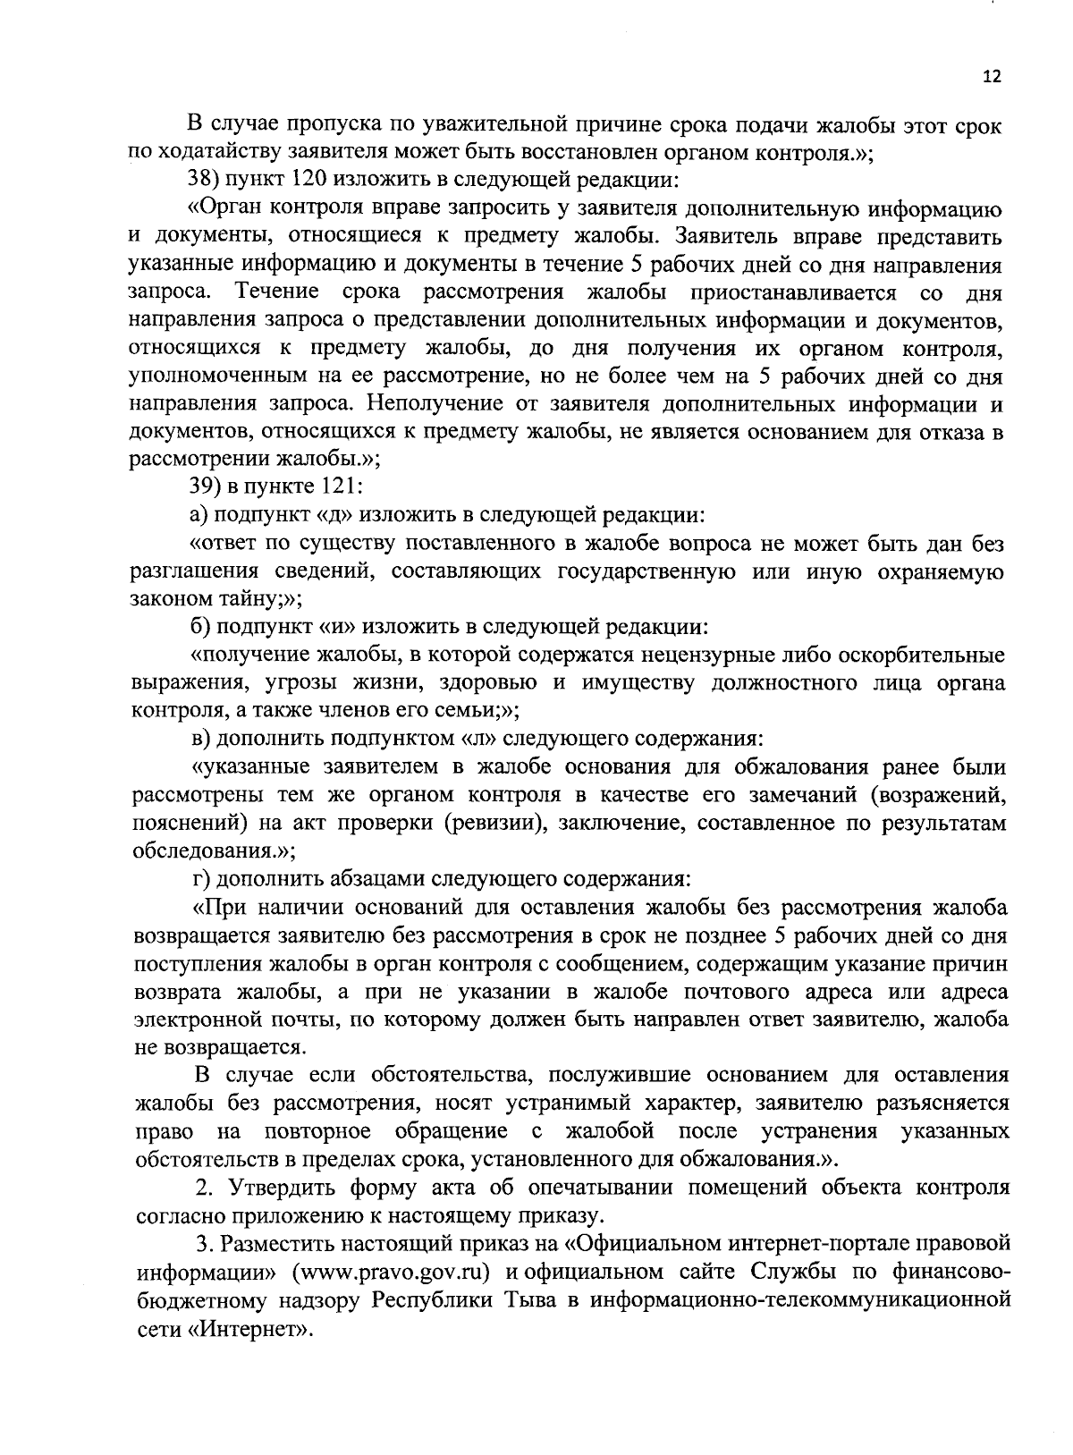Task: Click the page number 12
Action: pyautogui.click(x=992, y=77)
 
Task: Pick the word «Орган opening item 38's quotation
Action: pyautogui.click(x=222, y=210)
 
